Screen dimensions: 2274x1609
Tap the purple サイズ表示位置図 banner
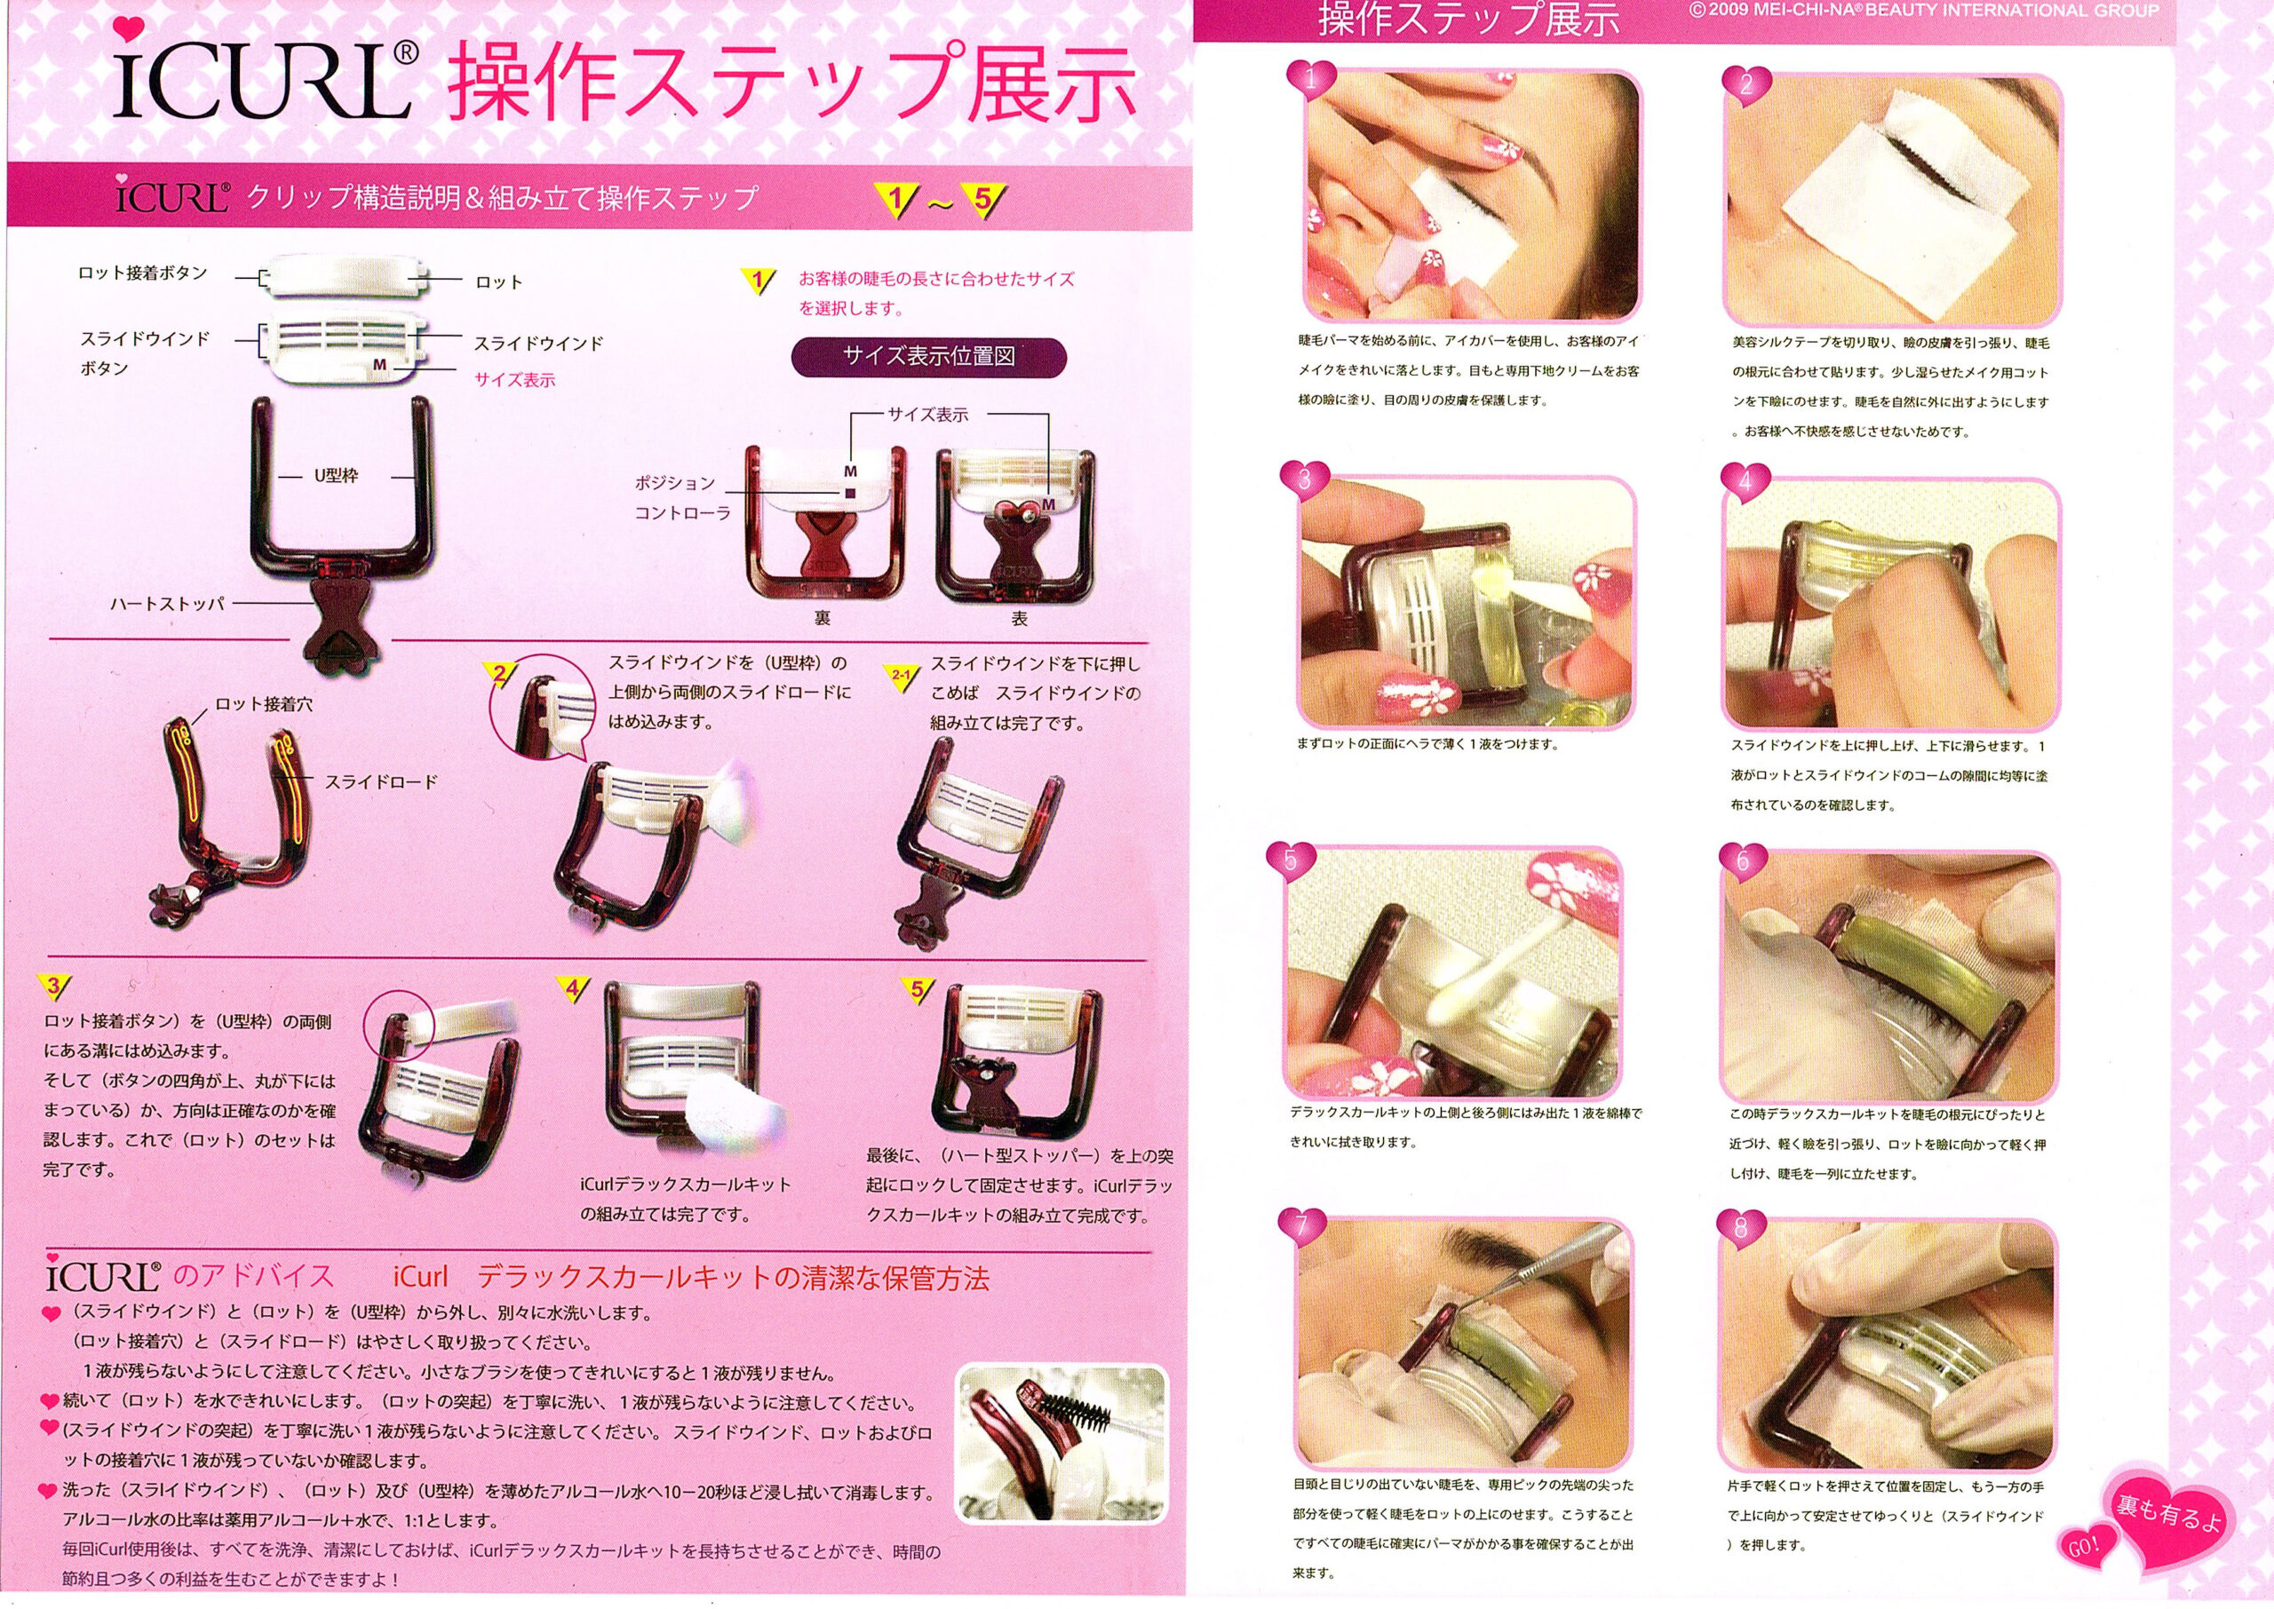(x=928, y=357)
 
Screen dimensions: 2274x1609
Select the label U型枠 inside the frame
(x=336, y=476)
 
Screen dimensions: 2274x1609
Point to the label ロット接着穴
(x=264, y=704)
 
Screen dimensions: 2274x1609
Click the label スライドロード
(x=381, y=781)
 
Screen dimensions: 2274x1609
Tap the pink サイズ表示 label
(x=514, y=379)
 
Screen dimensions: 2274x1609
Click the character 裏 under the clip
(x=822, y=618)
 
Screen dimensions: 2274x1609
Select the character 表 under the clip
(x=1019, y=618)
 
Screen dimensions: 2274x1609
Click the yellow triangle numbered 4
(x=573, y=987)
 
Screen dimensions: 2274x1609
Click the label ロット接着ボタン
(x=143, y=273)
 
